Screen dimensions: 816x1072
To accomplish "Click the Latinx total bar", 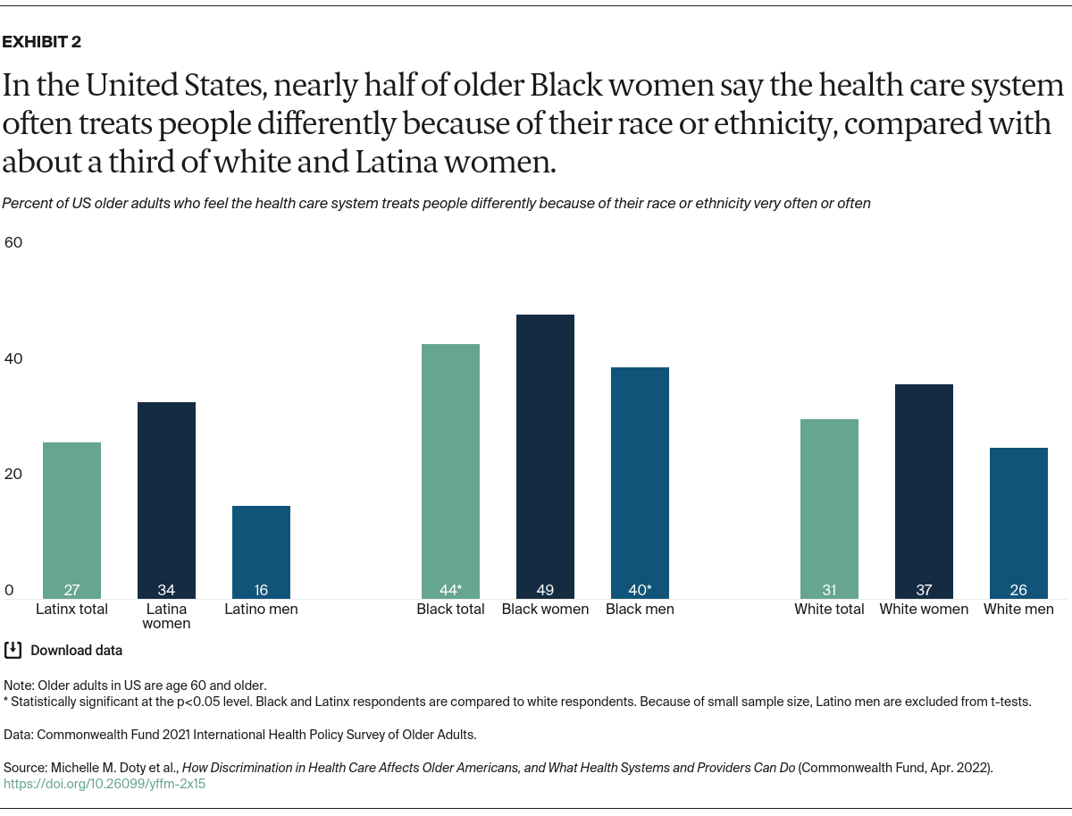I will (71, 518).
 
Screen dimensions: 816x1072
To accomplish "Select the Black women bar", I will (545, 456).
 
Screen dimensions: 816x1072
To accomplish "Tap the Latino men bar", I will (261, 550).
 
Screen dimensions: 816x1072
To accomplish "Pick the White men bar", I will (1018, 523).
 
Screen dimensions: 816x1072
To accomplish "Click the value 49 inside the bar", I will (545, 590).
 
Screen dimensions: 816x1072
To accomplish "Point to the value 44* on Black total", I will (451, 590).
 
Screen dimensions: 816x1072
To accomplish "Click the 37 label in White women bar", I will (924, 590).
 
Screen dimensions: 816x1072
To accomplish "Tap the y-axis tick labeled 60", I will (13, 242).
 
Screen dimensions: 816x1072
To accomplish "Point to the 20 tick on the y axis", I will (13, 474).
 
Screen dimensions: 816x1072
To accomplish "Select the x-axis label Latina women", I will (166, 616).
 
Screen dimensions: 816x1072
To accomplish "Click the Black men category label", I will (640, 609).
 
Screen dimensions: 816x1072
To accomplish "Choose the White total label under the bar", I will (829, 609).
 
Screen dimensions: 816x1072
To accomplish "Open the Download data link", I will (76, 651).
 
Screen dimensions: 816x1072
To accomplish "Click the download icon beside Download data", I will (13, 650).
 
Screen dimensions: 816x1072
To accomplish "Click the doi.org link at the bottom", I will (105, 784).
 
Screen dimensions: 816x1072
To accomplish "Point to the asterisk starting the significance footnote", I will (6, 702).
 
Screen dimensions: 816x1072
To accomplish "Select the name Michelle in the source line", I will (76, 768).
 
